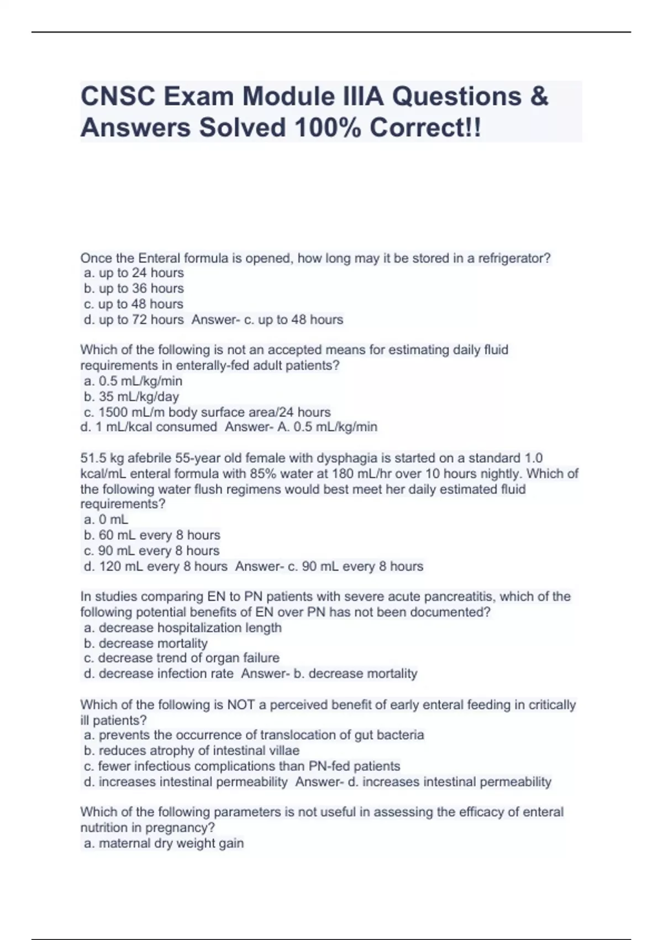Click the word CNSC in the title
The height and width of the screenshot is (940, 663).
[x=114, y=97]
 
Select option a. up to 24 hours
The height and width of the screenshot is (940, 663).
[x=134, y=273]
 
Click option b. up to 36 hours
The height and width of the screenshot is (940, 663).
[x=134, y=289]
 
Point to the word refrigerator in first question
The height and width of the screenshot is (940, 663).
[x=513, y=258]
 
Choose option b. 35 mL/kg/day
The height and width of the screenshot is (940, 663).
[x=131, y=396]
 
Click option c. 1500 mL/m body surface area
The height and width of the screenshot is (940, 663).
[x=207, y=412]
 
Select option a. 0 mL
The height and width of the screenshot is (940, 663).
[x=106, y=520]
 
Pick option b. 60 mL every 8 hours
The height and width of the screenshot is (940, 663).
[x=152, y=535]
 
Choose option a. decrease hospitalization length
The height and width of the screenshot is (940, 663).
[x=183, y=628]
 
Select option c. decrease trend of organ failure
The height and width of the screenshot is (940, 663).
[x=182, y=658]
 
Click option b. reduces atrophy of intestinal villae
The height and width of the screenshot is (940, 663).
[x=192, y=751]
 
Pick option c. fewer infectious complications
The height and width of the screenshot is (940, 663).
[x=242, y=766]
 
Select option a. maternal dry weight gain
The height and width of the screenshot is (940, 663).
[x=164, y=844]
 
